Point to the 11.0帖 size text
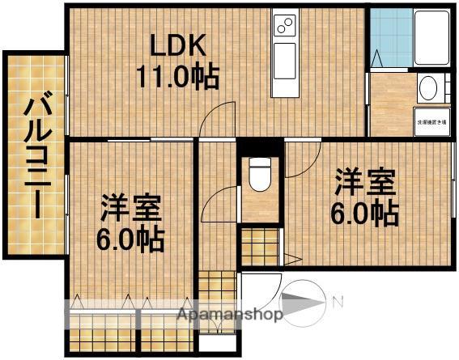176,76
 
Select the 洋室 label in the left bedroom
131,208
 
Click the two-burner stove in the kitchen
286,27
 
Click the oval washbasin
429,87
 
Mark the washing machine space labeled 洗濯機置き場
431,121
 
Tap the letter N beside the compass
338,303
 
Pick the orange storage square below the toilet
259,248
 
